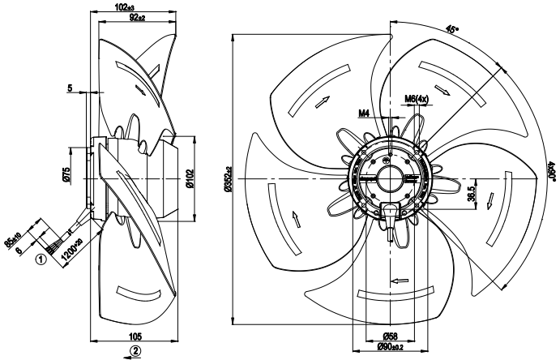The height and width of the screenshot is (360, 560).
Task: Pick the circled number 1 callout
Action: click(38, 261)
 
